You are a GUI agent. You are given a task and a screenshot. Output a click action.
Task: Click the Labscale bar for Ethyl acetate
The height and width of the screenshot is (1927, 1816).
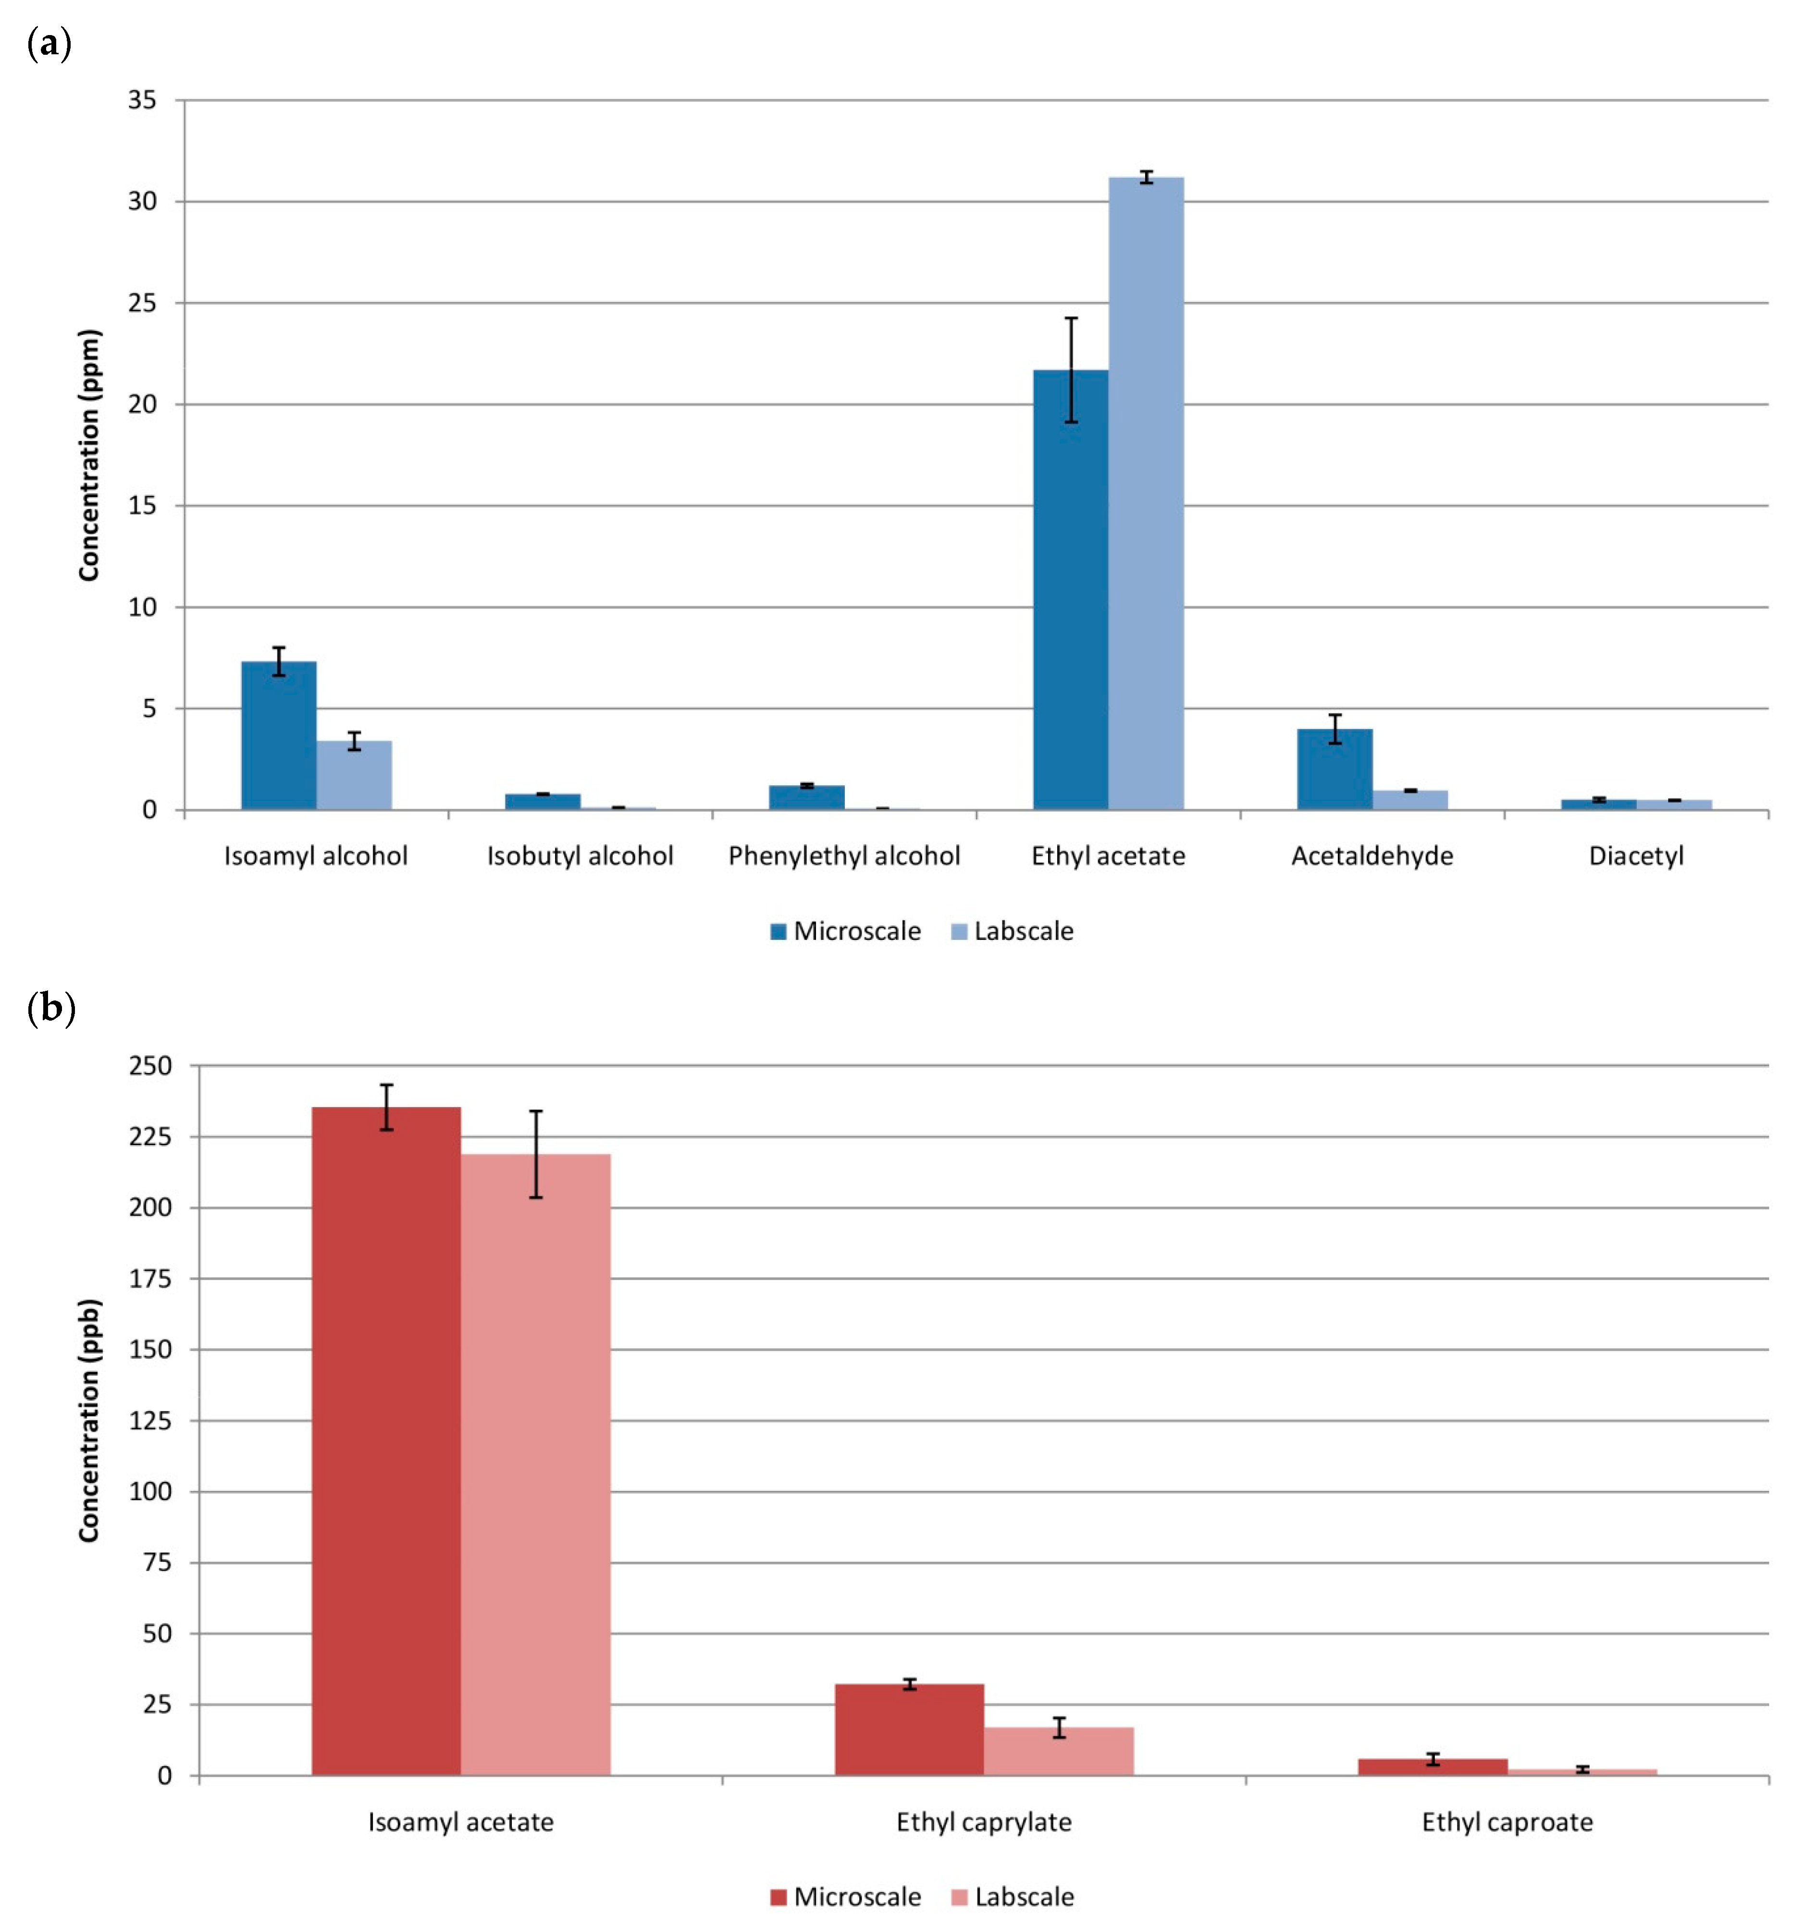[1146, 494]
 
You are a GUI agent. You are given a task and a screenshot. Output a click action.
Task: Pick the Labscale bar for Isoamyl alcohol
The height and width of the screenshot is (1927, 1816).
[354, 775]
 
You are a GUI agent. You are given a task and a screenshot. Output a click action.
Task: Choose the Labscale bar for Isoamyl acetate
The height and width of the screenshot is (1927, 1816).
[535, 1464]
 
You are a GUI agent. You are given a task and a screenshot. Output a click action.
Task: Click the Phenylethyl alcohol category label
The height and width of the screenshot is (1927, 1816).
[843, 856]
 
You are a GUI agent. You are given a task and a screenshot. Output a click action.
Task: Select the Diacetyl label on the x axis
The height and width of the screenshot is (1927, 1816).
[1636, 856]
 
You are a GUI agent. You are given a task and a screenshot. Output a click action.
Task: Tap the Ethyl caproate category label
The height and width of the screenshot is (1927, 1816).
[1507, 1822]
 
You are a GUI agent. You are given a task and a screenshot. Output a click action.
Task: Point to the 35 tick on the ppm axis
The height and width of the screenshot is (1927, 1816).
[143, 100]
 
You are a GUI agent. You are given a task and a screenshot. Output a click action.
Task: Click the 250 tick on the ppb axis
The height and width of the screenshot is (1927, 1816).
[150, 1065]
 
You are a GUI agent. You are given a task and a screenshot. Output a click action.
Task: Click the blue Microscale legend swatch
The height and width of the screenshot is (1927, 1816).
[778, 931]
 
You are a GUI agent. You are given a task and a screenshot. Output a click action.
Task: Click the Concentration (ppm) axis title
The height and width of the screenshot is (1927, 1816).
[89, 456]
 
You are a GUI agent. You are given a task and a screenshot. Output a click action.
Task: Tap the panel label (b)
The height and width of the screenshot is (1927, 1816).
[50, 1008]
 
